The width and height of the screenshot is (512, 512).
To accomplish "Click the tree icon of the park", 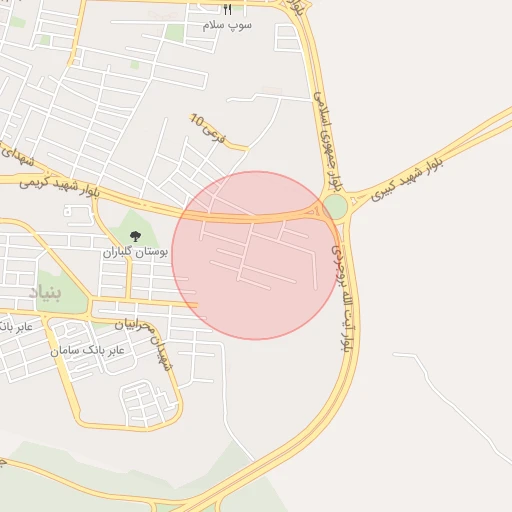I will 135,236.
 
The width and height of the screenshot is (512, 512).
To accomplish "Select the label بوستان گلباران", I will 135,253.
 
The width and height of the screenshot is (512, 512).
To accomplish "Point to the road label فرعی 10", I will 203,127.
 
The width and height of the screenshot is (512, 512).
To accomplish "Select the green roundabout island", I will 335,207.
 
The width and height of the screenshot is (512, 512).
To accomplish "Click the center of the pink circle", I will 256,255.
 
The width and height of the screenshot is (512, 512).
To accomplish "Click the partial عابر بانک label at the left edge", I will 17,326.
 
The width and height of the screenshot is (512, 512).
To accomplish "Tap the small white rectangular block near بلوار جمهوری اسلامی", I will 288,38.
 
